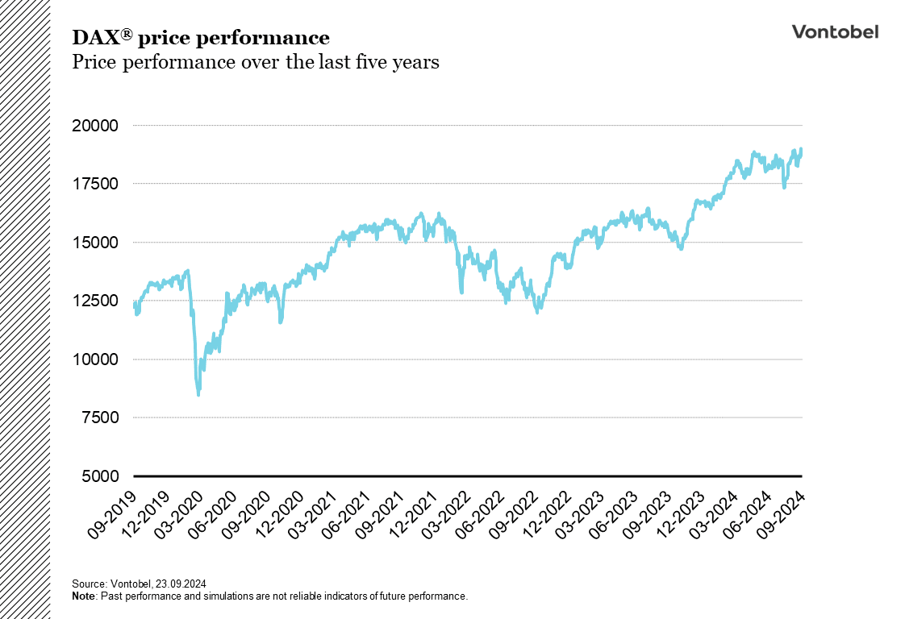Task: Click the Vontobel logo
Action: point(835,32)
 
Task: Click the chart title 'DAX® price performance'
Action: point(201,38)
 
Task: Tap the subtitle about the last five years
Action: point(256,62)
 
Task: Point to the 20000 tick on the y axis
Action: point(95,126)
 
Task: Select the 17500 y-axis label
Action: point(95,184)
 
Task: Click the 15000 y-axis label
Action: point(95,243)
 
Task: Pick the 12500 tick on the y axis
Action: point(95,301)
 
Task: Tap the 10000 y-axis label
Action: point(95,359)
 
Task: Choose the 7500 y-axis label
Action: point(99,418)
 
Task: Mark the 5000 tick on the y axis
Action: point(99,476)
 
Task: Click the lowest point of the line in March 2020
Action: point(198,394)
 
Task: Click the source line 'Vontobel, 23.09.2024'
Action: point(134,583)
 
